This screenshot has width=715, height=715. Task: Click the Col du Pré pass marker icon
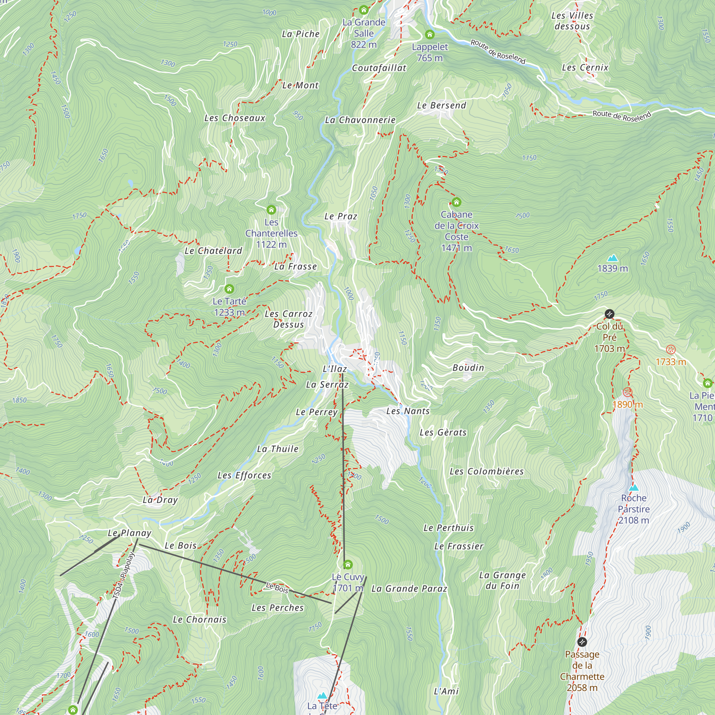tap(609, 314)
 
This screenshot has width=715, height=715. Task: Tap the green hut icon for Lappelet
tap(429, 34)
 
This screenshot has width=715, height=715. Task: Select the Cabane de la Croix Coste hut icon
tap(456, 202)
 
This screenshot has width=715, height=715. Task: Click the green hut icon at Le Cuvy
tap(347, 564)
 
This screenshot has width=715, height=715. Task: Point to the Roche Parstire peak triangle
tap(633, 488)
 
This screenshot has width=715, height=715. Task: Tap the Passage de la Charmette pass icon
tap(582, 642)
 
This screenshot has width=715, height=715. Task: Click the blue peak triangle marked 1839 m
tap(612, 258)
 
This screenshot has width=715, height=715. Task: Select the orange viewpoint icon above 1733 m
tap(671, 350)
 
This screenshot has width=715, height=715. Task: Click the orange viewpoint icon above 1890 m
tap(627, 392)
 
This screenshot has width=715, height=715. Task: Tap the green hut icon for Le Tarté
tap(229, 289)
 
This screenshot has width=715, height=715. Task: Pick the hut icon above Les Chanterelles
tap(271, 210)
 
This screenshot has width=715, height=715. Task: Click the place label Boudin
tap(468, 368)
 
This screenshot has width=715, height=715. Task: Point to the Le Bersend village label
tap(441, 105)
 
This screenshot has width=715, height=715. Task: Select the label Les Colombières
tap(486, 472)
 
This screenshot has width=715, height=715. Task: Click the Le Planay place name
tap(129, 533)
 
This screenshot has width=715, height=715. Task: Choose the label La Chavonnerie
tap(360, 120)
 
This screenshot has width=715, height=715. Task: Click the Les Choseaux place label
tap(235, 118)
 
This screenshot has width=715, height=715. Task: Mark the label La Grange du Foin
tap(502, 580)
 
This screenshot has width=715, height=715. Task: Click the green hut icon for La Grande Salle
tap(364, 10)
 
